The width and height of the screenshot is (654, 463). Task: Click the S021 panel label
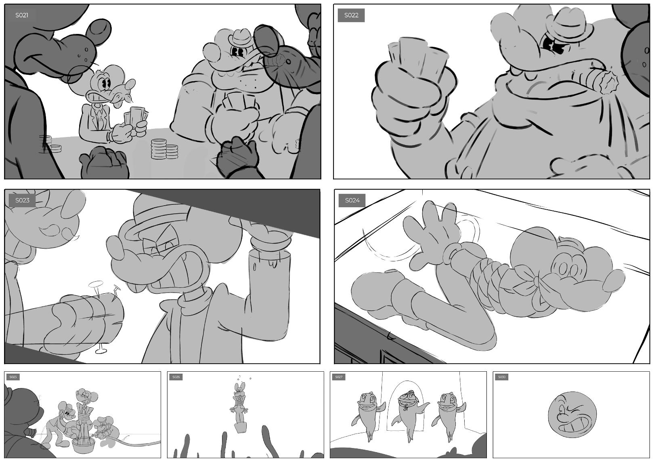(22, 15)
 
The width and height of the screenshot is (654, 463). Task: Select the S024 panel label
(352, 200)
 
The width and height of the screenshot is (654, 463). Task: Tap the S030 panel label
(501, 377)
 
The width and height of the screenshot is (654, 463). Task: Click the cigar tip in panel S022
(608, 82)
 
